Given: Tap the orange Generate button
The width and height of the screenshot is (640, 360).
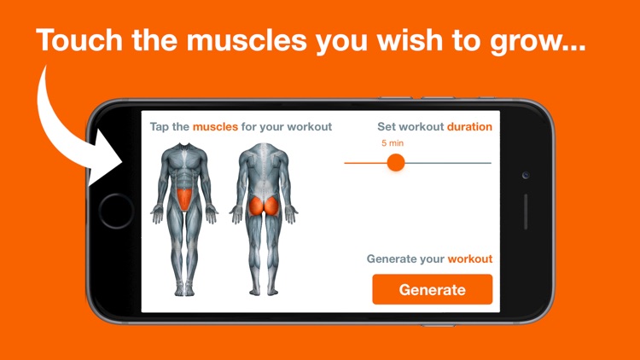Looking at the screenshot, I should coord(432,289).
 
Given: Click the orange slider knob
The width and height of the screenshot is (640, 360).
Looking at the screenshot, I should coord(395,162).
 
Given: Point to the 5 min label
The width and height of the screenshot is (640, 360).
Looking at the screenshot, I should coord(393,142).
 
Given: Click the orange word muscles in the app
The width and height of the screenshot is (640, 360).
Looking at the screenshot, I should coord(215,127).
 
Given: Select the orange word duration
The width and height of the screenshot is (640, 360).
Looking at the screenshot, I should coord(469,127).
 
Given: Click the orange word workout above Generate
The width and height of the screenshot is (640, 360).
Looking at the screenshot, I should coord(470,258).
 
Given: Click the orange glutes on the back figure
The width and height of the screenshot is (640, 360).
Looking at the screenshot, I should coord(263,205).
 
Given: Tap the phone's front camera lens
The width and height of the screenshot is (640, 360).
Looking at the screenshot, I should coord(526,175).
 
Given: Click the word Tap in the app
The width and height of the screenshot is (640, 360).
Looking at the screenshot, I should coord(160,127).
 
